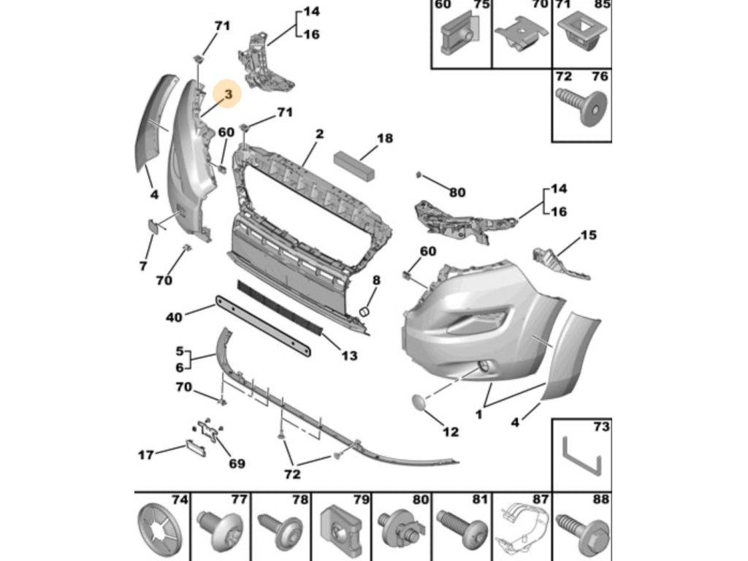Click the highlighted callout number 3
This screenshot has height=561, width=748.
229,94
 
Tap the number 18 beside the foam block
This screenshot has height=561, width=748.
385,138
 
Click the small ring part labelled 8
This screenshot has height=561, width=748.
365,311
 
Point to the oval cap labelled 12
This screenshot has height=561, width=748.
421,403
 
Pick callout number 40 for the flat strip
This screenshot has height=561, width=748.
174,317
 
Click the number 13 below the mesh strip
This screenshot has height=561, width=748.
350,356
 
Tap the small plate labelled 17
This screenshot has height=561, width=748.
196,447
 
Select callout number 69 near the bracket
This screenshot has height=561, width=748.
237,463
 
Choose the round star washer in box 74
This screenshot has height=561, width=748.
160,528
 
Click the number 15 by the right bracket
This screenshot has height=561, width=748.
589,235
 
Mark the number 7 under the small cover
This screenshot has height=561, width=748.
143,266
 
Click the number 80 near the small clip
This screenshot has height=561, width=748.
457,192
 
